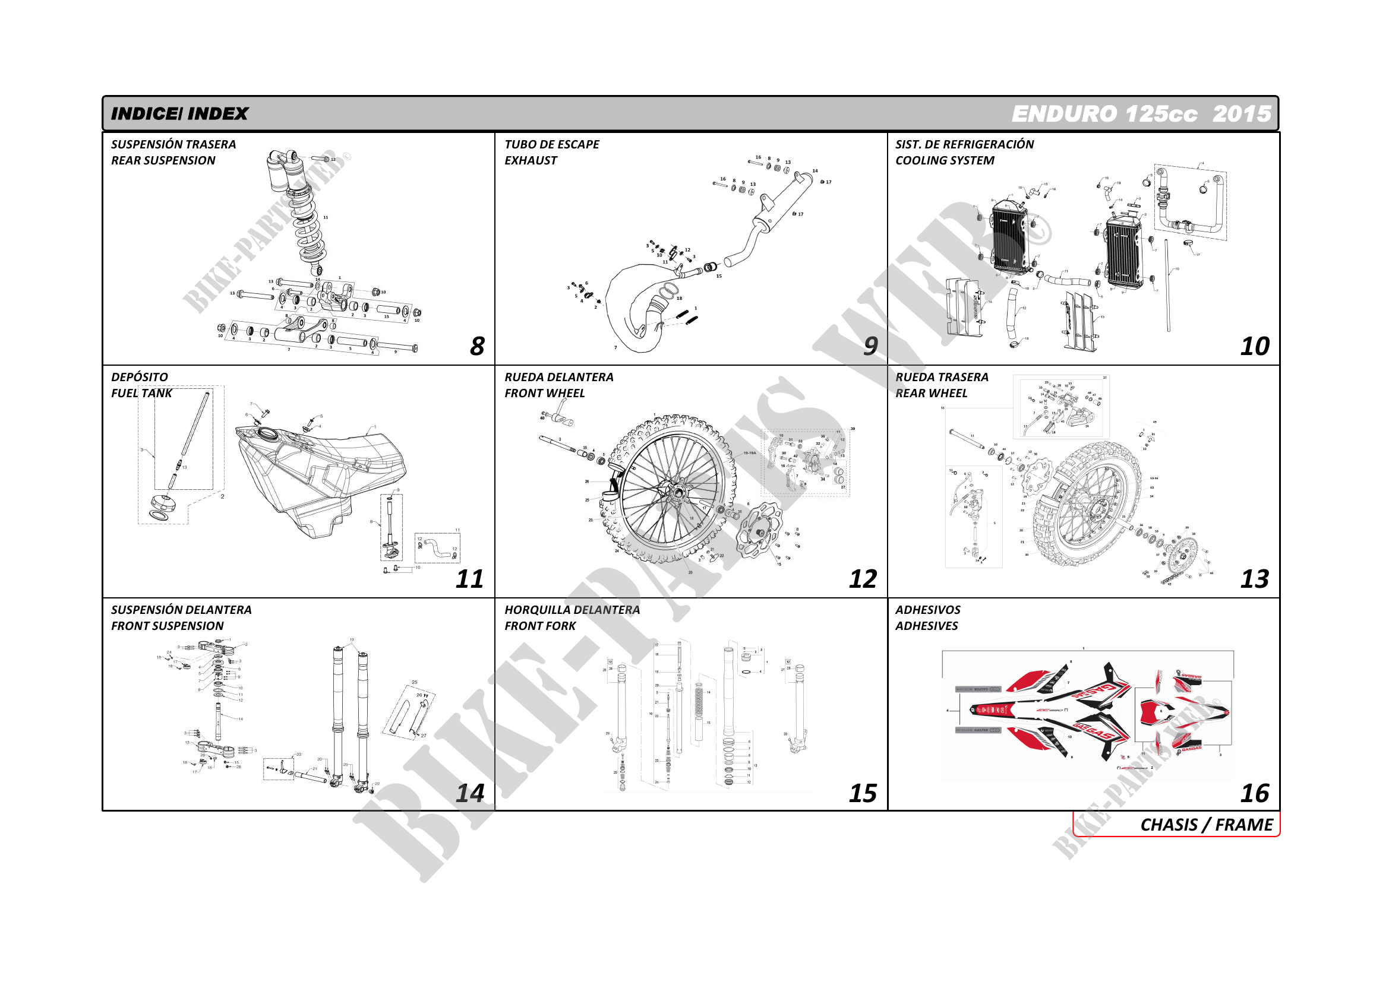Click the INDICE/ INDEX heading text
tap(179, 113)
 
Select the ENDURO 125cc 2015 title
tap(1141, 113)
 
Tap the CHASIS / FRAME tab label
tap(1206, 825)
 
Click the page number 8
tap(476, 346)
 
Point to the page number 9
tap(870, 346)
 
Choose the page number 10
tap(1254, 346)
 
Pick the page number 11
tap(469, 579)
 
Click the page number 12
tap(862, 579)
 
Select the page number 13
tap(1254, 579)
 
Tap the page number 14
tap(469, 793)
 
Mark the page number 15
tap(862, 793)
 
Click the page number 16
tap(1254, 793)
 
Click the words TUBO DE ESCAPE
tap(552, 144)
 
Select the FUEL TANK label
tap(141, 393)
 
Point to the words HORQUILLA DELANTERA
tap(572, 610)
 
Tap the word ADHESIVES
tap(926, 626)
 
